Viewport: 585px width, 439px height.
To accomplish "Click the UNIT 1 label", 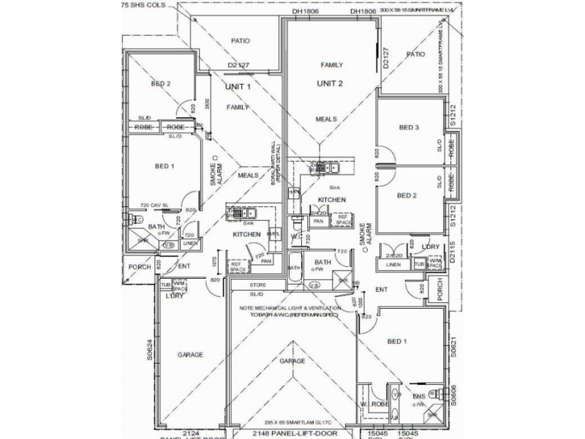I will (238, 86).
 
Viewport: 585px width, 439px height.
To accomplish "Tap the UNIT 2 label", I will (330, 83).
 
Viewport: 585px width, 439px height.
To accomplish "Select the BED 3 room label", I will (409, 127).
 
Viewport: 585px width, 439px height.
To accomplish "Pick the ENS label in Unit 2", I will (419, 397).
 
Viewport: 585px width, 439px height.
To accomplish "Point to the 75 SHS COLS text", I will (145, 4).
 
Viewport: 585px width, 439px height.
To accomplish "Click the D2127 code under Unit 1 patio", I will (239, 65).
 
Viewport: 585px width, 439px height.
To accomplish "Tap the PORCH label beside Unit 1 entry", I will (139, 267).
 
